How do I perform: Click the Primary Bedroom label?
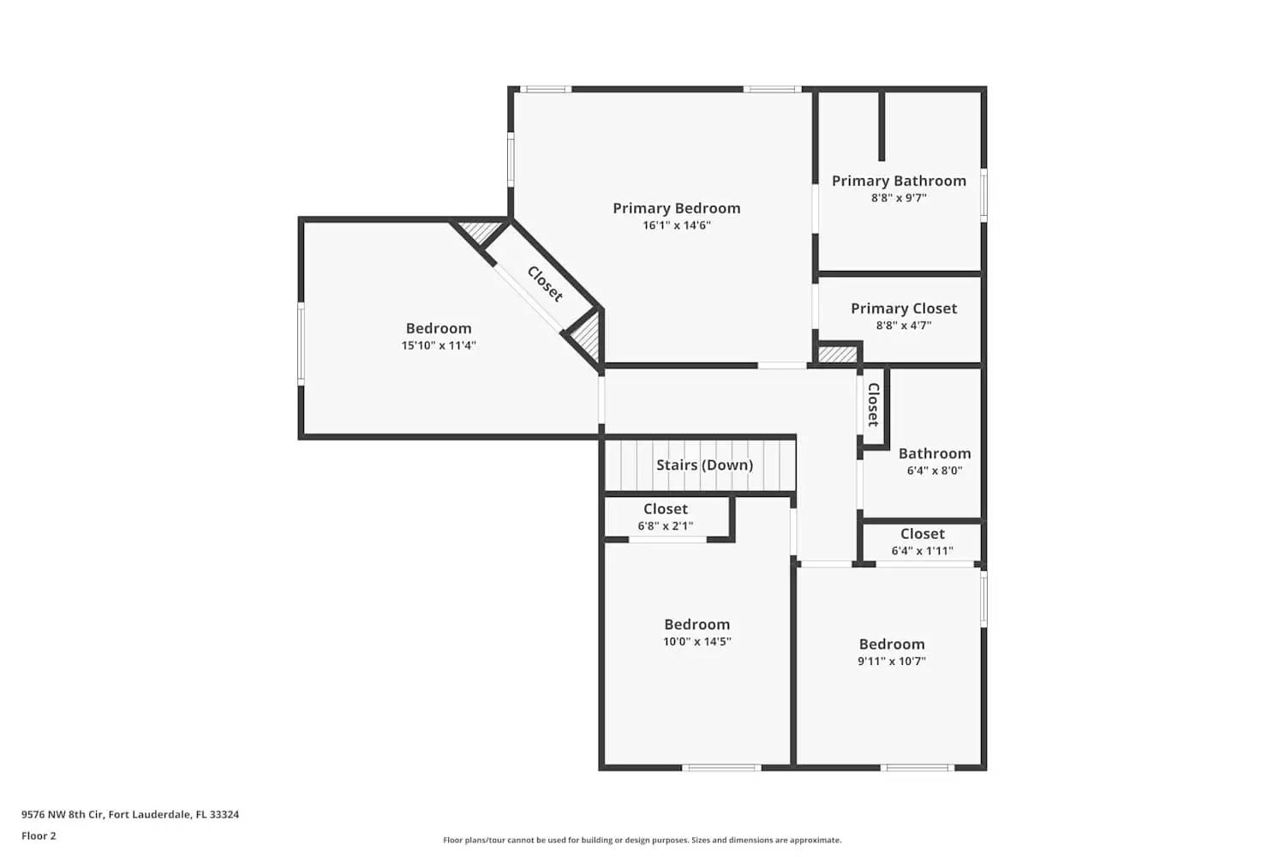[x=676, y=208]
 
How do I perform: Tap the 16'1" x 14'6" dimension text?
[x=677, y=225]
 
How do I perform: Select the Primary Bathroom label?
[x=899, y=181]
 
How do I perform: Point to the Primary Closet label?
[x=903, y=309]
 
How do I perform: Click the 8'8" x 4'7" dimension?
[x=903, y=326]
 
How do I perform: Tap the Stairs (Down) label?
[x=704, y=465]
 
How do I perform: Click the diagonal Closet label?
[x=545, y=285]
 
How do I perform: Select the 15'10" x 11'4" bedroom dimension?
[x=439, y=345]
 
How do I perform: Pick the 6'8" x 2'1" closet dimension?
[x=665, y=526]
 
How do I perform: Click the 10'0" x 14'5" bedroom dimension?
[x=696, y=642]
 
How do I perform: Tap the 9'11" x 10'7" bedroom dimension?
[x=891, y=662]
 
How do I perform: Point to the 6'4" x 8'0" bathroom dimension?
[x=934, y=470]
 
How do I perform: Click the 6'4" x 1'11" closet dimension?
[x=922, y=551]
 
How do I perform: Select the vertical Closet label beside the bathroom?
[x=873, y=405]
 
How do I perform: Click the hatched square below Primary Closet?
[x=837, y=354]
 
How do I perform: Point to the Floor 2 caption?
[x=39, y=836]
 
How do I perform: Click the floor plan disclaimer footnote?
[x=642, y=841]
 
